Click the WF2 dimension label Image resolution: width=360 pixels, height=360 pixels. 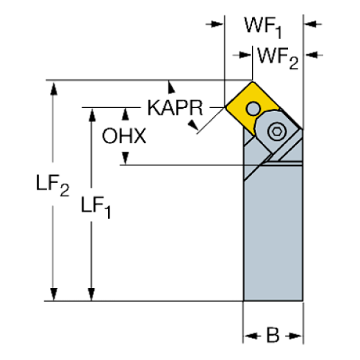click(276, 57)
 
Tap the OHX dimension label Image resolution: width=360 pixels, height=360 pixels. click(125, 135)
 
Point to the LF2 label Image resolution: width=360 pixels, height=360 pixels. click(54, 185)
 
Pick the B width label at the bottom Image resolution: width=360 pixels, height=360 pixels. click(273, 336)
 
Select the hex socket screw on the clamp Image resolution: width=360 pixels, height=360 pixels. click(276, 132)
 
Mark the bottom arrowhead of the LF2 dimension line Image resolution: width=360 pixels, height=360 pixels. click(52, 295)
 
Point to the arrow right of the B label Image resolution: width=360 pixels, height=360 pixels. click(296, 336)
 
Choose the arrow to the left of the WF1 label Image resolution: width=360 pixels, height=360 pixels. click(217, 24)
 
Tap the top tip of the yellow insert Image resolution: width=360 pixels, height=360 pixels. click(253, 81)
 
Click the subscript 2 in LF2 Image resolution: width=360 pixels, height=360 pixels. click(65, 192)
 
